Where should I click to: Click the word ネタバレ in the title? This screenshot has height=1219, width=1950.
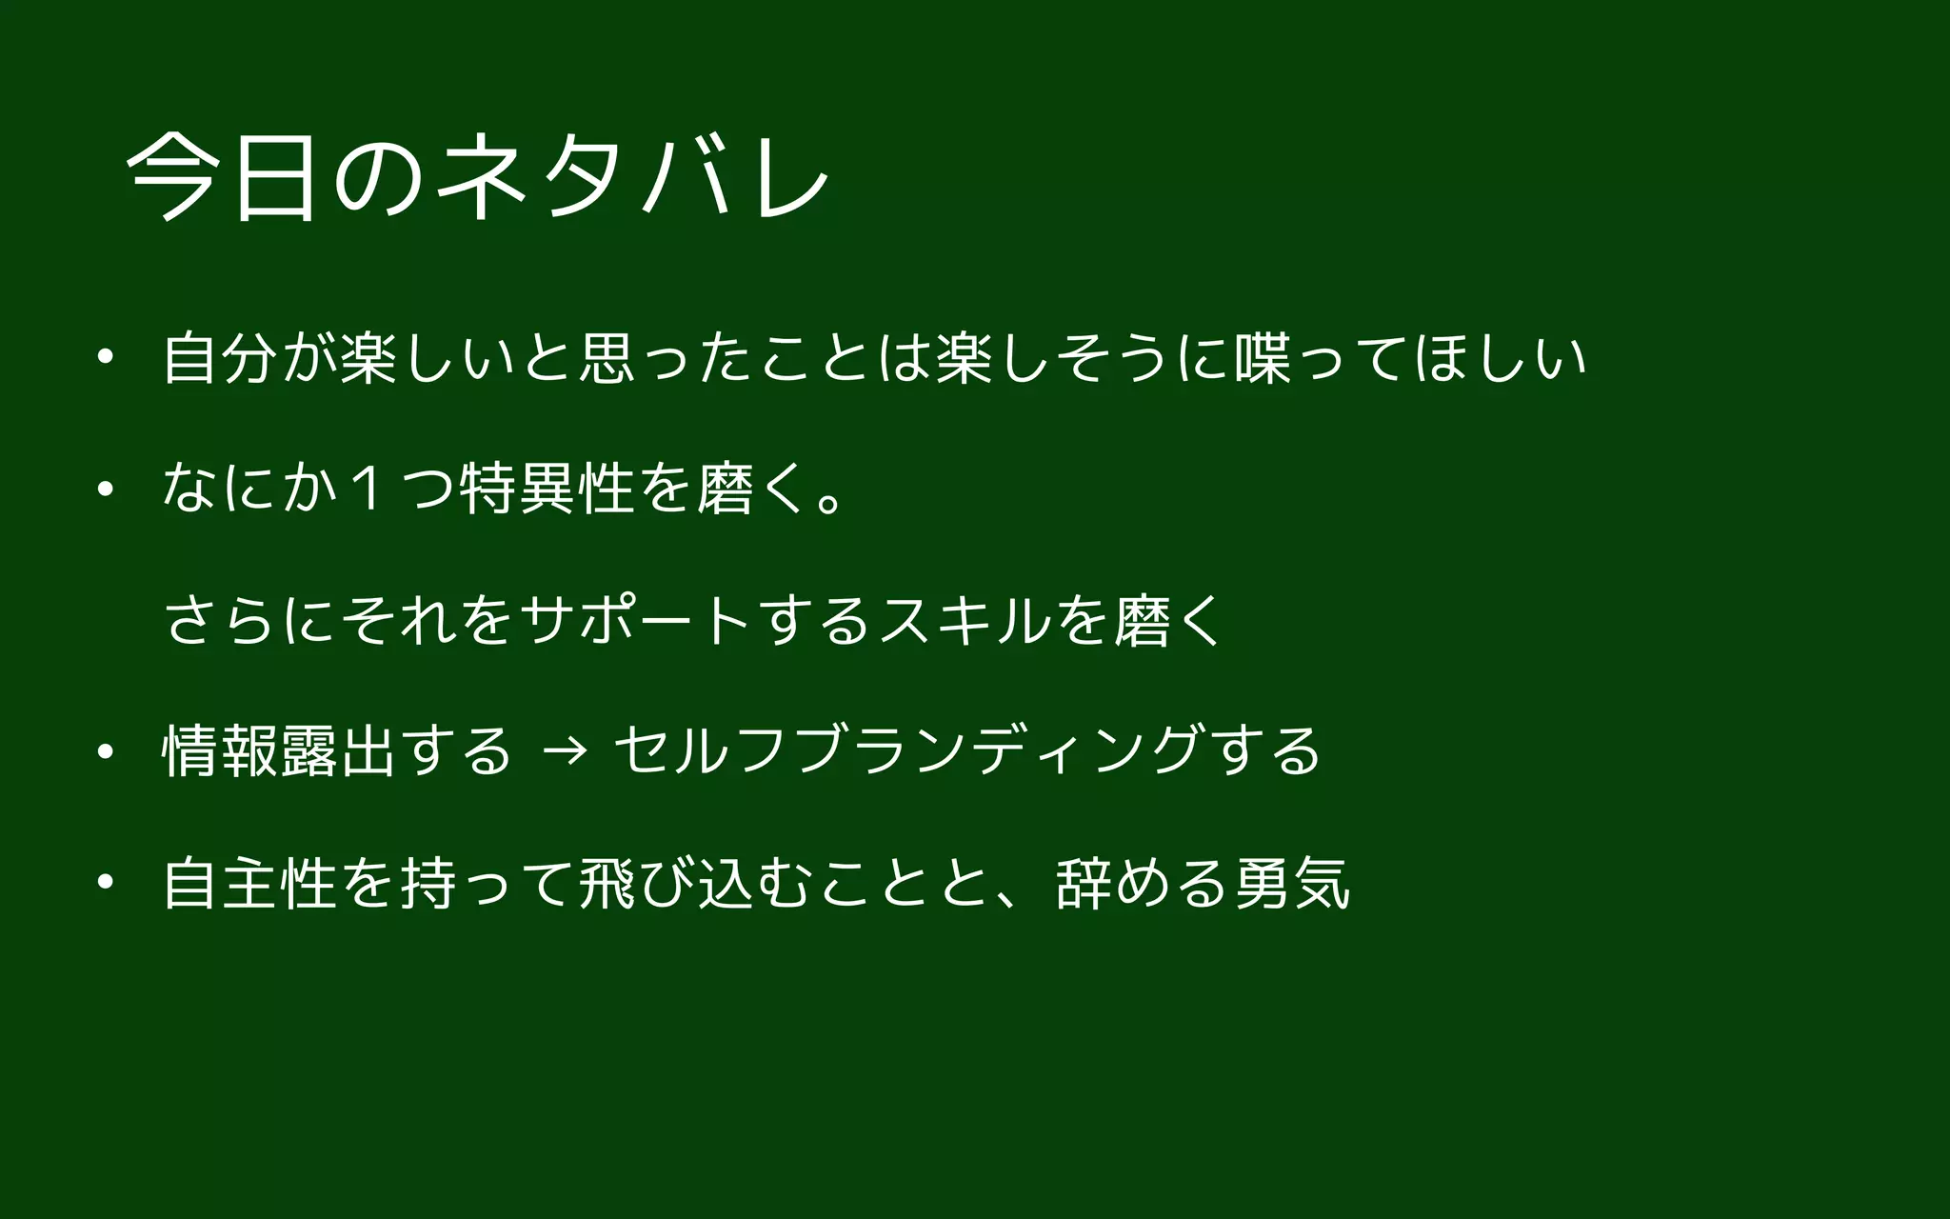pyautogui.click(x=633, y=176)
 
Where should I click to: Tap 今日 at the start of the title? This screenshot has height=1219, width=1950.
pyautogui.click(x=221, y=176)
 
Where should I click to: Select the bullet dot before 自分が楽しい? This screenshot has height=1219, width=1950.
pyautogui.click(x=105, y=358)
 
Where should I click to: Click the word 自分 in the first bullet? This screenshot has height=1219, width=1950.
pyautogui.click(x=220, y=358)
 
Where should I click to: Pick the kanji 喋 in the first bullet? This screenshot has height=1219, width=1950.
pyautogui.click(x=1262, y=358)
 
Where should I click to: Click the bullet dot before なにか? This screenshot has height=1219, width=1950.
pyautogui.click(x=105, y=490)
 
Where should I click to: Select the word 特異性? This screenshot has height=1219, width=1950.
pyautogui.click(x=547, y=490)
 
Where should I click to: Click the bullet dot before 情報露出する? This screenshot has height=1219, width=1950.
pyautogui.click(x=105, y=751)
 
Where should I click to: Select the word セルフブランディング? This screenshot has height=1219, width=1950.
pyautogui.click(x=905, y=751)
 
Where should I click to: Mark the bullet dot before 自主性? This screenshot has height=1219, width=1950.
pyautogui.click(x=105, y=882)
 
